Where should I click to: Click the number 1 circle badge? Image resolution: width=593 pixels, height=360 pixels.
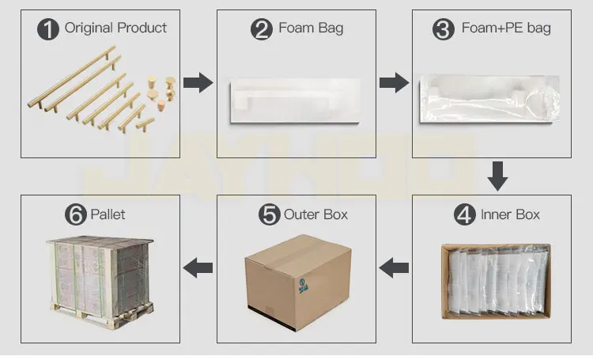click(x=50, y=29)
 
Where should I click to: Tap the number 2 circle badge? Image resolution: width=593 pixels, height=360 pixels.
click(x=262, y=30)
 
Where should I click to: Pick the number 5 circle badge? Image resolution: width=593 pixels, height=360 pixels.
click(x=270, y=214)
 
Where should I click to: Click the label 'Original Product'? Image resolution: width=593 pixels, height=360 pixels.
click(x=115, y=28)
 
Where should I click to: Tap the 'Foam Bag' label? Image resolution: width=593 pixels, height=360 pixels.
click(x=311, y=29)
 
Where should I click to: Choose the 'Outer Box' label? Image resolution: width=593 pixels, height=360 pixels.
click(x=315, y=214)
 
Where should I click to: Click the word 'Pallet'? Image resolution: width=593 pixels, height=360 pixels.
click(x=108, y=214)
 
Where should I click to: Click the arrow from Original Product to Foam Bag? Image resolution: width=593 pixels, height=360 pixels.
click(x=198, y=81)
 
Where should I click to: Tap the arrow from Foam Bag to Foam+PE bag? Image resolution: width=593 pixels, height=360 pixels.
click(x=393, y=81)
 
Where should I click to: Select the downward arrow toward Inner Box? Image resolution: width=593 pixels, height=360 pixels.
click(x=497, y=176)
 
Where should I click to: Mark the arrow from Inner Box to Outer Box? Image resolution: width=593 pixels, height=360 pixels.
click(x=393, y=269)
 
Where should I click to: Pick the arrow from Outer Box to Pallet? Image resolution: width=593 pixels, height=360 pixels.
click(x=198, y=269)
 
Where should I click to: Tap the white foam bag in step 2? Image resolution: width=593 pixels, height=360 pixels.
click(x=294, y=101)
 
